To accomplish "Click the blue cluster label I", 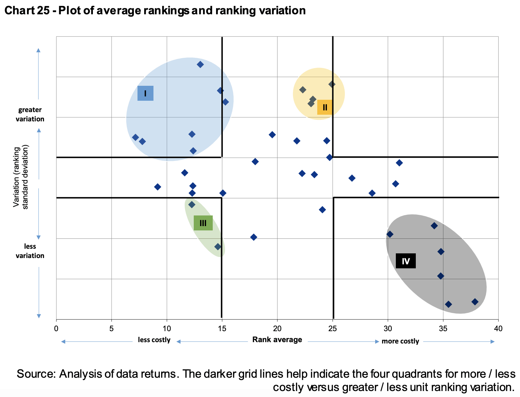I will (145, 93).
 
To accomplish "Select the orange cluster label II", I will (325, 107).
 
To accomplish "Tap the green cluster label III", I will (203, 223).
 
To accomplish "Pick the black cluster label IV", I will (405, 261).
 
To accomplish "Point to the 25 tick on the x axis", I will (333, 329).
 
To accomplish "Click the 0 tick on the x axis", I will (56, 329).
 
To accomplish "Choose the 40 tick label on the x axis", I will (498, 329).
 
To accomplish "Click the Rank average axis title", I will (277, 339).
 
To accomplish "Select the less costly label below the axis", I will (154, 340).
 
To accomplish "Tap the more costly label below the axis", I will (400, 341).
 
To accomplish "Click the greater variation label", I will (30, 114).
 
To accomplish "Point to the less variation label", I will (30, 251).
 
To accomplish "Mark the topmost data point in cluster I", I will (200, 65).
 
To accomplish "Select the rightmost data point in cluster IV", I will (475, 302).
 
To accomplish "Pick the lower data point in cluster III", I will (218, 247).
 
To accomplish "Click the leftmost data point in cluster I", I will (135, 137).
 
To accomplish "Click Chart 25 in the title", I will (28, 11).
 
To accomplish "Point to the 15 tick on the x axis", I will (222, 329).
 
